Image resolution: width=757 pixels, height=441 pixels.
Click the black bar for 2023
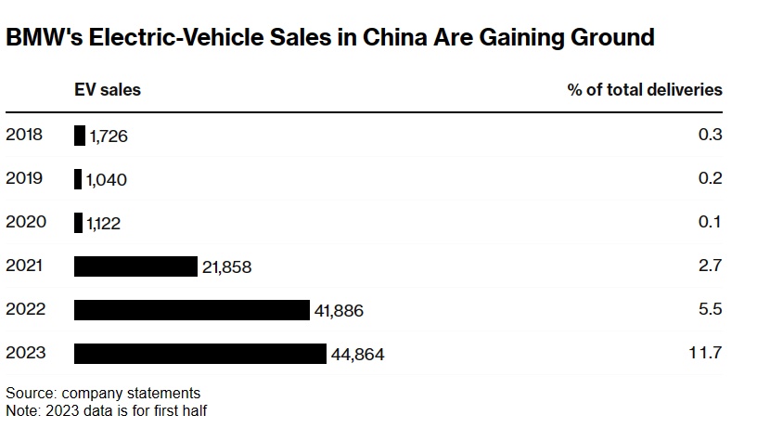tap(200, 354)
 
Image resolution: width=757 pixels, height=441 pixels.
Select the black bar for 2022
tap(191, 310)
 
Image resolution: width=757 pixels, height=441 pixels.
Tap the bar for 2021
tap(135, 266)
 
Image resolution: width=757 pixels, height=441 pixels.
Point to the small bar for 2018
tap(80, 136)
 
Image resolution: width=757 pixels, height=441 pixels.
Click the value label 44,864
tap(357, 355)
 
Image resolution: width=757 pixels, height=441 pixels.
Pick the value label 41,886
tap(340, 311)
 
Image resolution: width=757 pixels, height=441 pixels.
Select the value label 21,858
tap(227, 267)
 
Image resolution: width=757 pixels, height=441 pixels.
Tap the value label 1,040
tap(107, 180)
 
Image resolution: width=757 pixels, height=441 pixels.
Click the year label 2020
tap(24, 223)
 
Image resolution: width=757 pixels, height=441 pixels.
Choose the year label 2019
tap(24, 179)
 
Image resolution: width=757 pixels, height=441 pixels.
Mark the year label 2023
tap(24, 354)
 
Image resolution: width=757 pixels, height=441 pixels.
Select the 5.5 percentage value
tap(710, 310)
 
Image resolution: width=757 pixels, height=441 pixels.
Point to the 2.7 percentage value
tap(710, 266)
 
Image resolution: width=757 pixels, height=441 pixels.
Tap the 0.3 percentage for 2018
tap(710, 136)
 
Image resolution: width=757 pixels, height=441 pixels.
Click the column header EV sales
tap(108, 90)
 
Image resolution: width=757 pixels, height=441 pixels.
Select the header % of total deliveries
tap(645, 90)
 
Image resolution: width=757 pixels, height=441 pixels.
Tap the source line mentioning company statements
tap(103, 393)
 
